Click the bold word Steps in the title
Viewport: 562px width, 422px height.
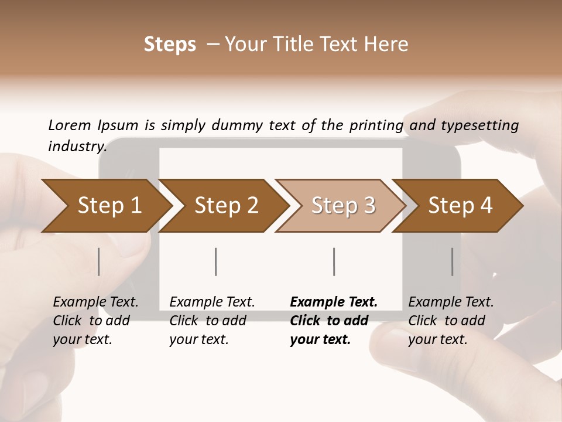170,44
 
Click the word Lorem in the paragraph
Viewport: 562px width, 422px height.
70,125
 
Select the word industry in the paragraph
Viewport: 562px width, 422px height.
76,146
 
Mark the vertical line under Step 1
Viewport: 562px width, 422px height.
99,261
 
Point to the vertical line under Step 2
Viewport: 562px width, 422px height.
216,261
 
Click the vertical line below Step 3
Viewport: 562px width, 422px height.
334,261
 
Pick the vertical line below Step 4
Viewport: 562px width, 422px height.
453,261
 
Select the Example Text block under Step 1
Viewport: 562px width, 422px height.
95,321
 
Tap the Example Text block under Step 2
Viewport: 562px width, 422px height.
212,321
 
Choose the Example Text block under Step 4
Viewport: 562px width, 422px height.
451,321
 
